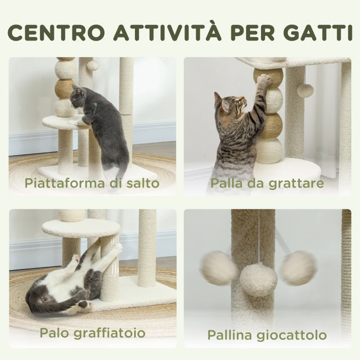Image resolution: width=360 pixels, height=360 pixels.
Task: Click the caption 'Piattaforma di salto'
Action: click(92, 183)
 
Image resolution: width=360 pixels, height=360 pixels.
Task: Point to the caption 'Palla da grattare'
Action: click(267, 183)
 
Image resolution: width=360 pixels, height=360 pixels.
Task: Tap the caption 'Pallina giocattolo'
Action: click(267, 335)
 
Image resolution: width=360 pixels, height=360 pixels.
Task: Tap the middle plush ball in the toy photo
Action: click(258, 279)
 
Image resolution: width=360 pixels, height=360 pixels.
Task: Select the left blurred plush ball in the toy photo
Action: click(218, 268)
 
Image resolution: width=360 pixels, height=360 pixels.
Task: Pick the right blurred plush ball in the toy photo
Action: click(298, 268)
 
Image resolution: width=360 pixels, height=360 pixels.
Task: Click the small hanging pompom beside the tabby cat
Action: click(305, 90)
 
